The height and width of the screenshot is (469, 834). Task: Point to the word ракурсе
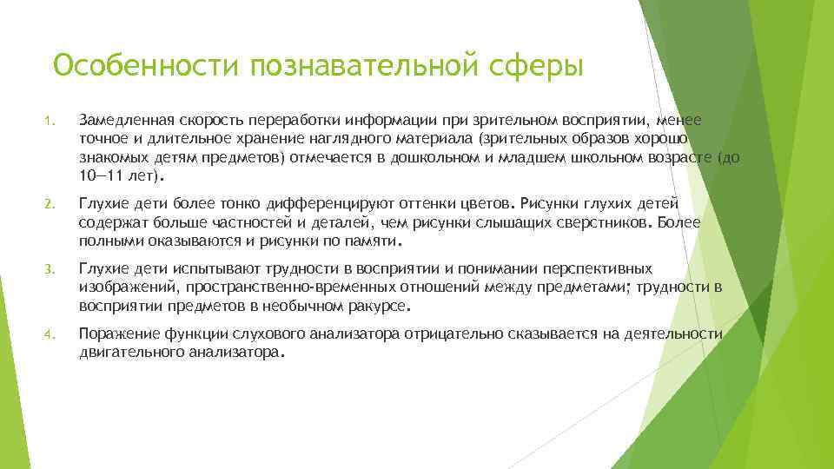[x=381, y=307]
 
